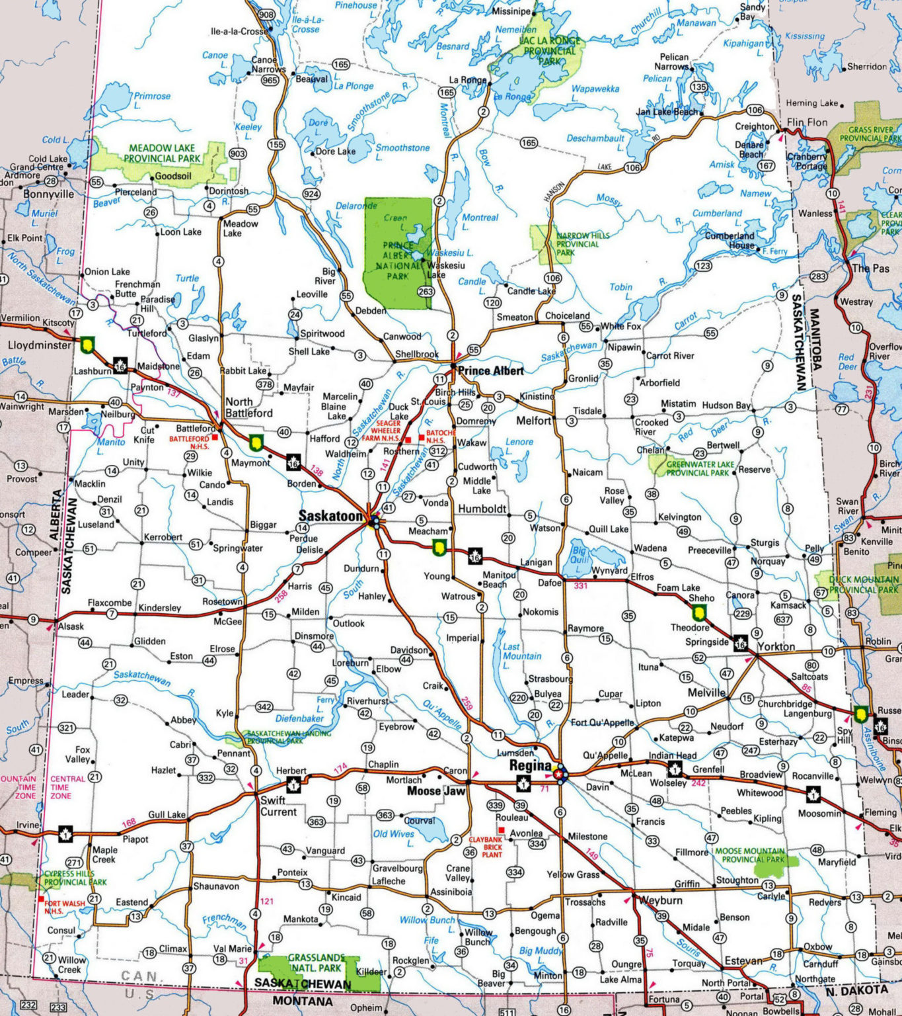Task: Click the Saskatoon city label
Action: pos(330,515)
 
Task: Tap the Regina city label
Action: pos(530,765)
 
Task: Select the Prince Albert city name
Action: pos(490,370)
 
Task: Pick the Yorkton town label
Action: pos(776,646)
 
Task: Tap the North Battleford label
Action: pos(248,407)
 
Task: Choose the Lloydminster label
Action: pos(39,345)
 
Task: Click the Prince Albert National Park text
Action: pos(398,261)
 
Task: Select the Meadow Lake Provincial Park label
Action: pos(162,153)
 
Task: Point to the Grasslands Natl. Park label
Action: pos(316,962)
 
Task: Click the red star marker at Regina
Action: pos(560,773)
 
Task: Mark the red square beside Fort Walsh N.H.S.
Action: pos(41,900)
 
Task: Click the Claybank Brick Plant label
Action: pos(486,847)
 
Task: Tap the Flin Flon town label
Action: pos(807,122)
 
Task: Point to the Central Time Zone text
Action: pos(67,787)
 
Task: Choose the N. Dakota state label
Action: pos(856,990)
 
